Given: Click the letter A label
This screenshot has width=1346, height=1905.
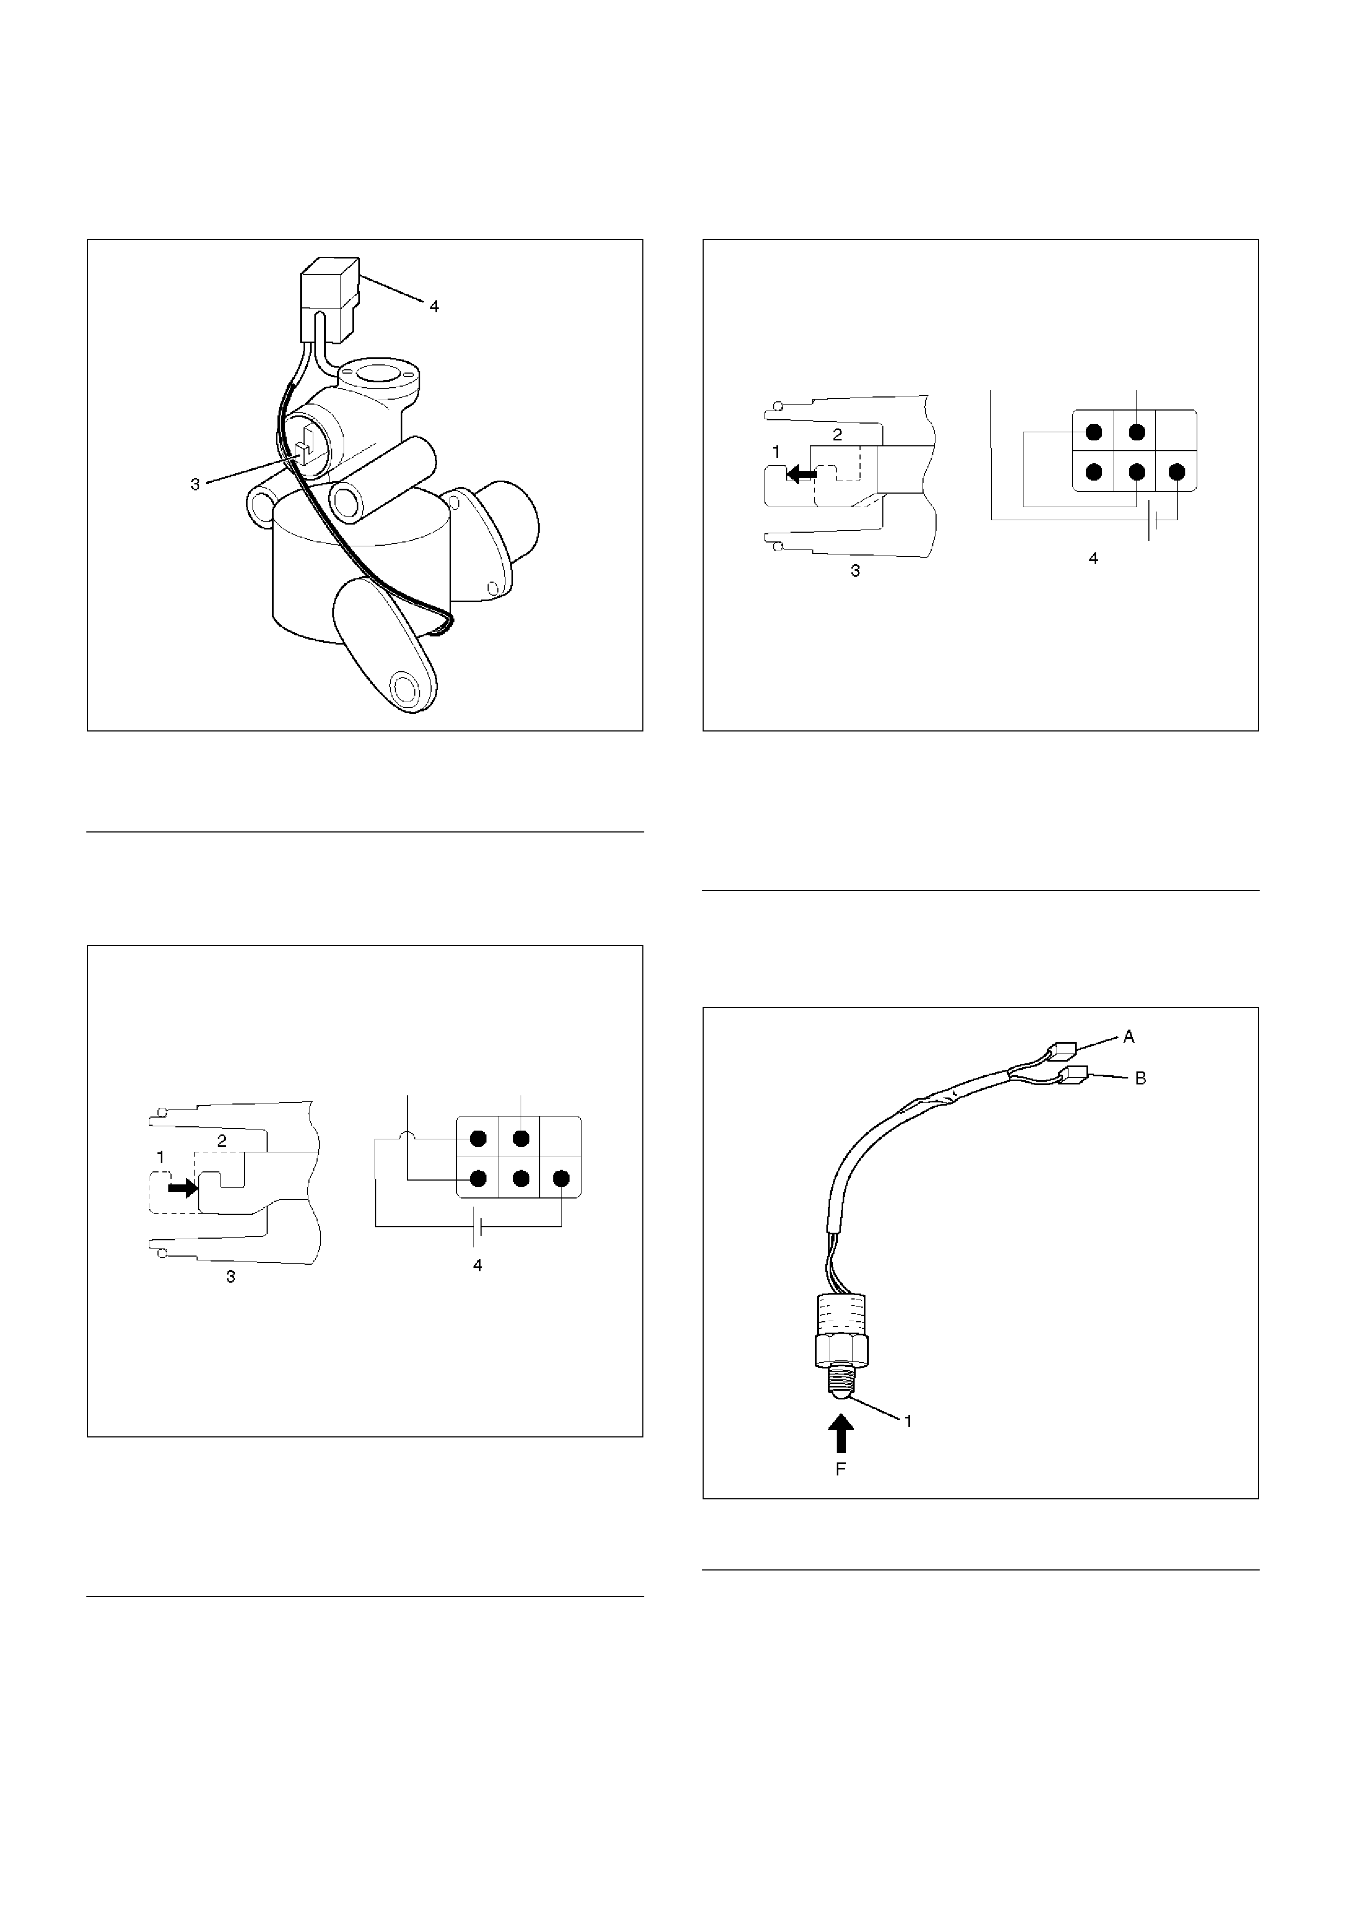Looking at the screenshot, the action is (1129, 1036).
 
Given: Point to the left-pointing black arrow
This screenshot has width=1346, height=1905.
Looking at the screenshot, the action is (801, 474).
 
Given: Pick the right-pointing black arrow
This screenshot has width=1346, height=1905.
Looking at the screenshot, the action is (184, 1188).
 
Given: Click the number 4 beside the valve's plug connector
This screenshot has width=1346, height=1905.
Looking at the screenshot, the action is (434, 307).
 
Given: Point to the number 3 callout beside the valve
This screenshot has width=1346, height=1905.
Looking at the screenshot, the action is (195, 484).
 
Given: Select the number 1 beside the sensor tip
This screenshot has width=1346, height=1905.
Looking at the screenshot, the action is (908, 1421).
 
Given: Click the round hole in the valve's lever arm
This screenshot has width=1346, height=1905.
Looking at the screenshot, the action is (406, 688).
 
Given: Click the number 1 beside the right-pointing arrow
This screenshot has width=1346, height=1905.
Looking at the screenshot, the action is (161, 1157).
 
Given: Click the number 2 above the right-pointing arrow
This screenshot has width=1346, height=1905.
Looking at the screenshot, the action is (222, 1141).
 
